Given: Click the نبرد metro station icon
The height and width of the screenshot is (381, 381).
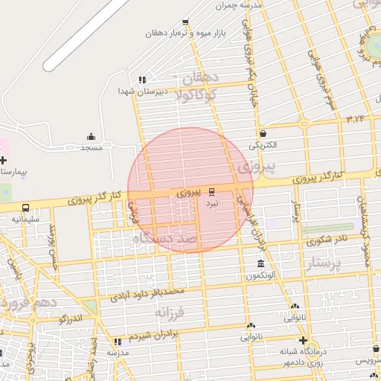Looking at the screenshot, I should tap(211, 190).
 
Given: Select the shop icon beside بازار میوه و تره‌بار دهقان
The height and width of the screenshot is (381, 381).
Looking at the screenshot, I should tap(185, 22).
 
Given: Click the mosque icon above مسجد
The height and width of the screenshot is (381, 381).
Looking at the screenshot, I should tap(91, 136).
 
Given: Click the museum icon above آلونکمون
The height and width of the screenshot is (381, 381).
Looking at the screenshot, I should tap(260, 264).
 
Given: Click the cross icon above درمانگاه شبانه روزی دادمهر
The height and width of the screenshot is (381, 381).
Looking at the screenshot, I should tap(303, 340).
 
